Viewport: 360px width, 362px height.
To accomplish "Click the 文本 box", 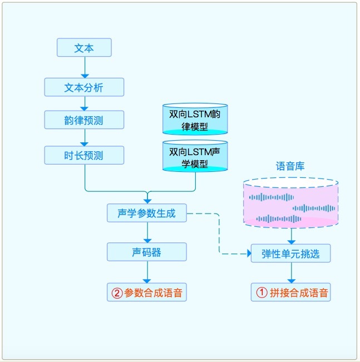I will point(84,48).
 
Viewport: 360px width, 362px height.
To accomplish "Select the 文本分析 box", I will point(84,87).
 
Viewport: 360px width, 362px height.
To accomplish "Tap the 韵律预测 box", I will point(84,119).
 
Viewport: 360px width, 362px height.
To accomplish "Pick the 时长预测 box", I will point(84,155).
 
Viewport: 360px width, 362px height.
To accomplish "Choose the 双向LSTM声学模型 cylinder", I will point(195,156).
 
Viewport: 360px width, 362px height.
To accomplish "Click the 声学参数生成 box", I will point(147,213).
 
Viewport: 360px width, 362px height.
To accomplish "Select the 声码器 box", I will point(147,252).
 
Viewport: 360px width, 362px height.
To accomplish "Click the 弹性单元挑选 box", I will point(291,254).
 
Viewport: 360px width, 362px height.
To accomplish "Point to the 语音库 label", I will point(290,166).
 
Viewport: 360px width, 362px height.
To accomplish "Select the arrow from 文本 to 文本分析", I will point(84,67).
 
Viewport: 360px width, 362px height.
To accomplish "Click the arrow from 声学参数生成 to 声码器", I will point(147,232).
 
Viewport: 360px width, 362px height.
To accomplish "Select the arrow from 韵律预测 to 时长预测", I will point(84,137).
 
